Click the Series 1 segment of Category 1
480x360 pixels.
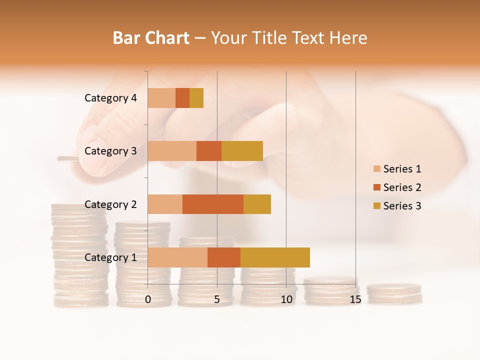pos(177,257)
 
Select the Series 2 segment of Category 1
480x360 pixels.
pos(224,257)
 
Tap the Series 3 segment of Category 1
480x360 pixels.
pos(275,257)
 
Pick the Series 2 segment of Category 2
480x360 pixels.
pos(213,204)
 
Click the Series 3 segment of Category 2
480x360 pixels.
pos(257,204)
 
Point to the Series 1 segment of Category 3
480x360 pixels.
pos(172,151)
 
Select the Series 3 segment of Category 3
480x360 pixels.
pos(242,151)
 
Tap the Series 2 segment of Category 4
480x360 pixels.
pos(182,98)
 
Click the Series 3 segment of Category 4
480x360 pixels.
pos(196,98)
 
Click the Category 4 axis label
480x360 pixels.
pos(110,98)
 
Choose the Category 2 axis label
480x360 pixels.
pos(110,204)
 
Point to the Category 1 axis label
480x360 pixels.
pos(110,257)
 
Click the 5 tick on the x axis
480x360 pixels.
pos(217,299)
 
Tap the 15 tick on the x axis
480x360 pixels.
pos(355,299)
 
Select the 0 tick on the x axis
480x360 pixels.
pos(148,299)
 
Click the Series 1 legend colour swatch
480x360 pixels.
pos(376,169)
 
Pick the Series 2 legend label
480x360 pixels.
pos(402,187)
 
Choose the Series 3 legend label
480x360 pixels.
pos(402,206)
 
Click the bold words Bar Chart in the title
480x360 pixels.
pos(151,38)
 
